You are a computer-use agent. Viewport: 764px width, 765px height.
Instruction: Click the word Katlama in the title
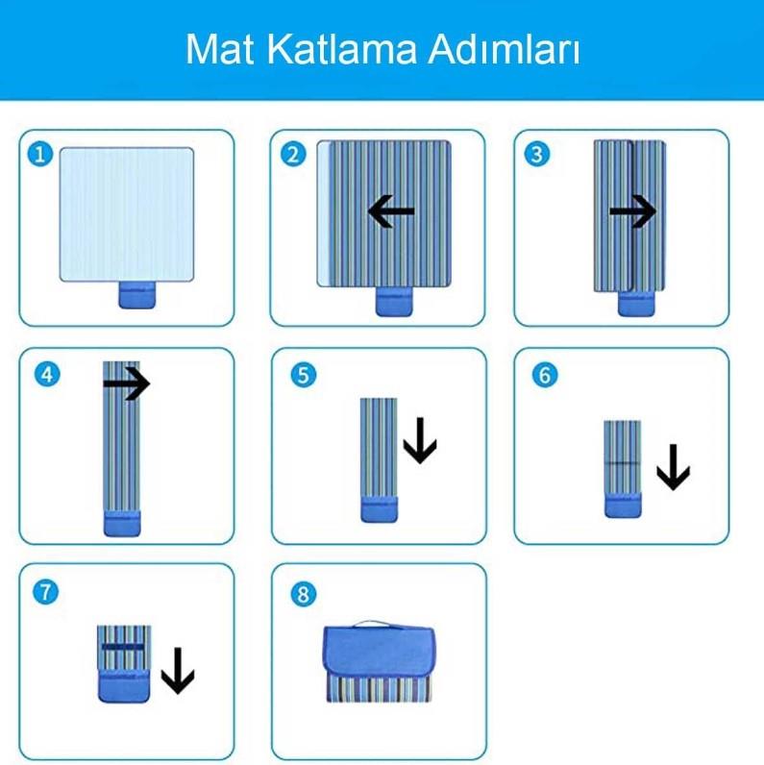point(342,49)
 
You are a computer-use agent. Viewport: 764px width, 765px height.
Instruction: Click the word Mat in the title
point(219,49)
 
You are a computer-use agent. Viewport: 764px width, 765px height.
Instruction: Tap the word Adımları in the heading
point(504,49)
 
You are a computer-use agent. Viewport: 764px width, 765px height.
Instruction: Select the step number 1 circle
point(40,154)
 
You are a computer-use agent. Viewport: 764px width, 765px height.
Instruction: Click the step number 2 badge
point(293,154)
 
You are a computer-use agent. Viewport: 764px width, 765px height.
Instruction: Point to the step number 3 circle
point(536,154)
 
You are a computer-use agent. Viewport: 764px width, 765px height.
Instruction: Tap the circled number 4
point(47,375)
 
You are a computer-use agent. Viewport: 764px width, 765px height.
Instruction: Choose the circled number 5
point(303,375)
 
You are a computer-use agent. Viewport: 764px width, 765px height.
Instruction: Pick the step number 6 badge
point(545,375)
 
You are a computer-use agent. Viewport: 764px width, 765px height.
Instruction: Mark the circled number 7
point(45,592)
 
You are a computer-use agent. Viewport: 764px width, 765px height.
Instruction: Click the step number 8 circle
point(303,594)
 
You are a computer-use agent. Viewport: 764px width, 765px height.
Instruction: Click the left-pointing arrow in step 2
point(391,211)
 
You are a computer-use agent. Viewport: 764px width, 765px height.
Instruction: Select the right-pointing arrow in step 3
point(633,211)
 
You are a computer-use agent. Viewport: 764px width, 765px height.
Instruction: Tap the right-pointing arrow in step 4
point(126,384)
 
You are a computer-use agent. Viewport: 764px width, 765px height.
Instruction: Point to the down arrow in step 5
point(420,440)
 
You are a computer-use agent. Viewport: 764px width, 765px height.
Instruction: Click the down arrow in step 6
point(674,467)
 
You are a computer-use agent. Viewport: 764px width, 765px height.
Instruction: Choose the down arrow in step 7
point(178,671)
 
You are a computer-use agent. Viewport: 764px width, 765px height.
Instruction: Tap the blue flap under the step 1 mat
point(137,295)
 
